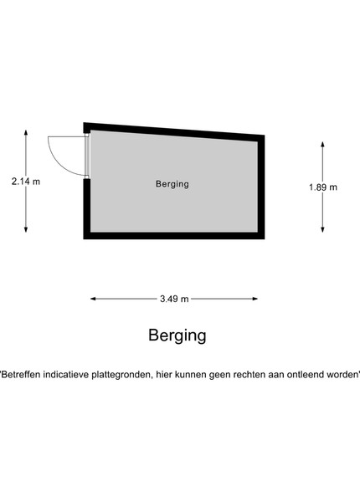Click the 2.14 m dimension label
point(26,182)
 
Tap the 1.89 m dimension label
point(323,187)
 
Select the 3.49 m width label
point(174,299)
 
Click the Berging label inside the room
point(172,184)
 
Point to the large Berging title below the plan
point(177,336)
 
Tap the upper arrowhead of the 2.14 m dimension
point(26,133)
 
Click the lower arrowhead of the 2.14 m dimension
point(26,229)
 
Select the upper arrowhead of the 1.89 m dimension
point(323,145)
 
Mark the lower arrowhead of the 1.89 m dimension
point(323,229)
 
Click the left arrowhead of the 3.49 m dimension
point(94,299)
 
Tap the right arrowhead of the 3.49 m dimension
point(255,299)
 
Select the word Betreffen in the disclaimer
point(21,374)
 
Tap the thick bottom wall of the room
point(174,236)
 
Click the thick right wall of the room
point(261,187)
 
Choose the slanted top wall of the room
point(174,131)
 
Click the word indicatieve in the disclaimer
point(65,374)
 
